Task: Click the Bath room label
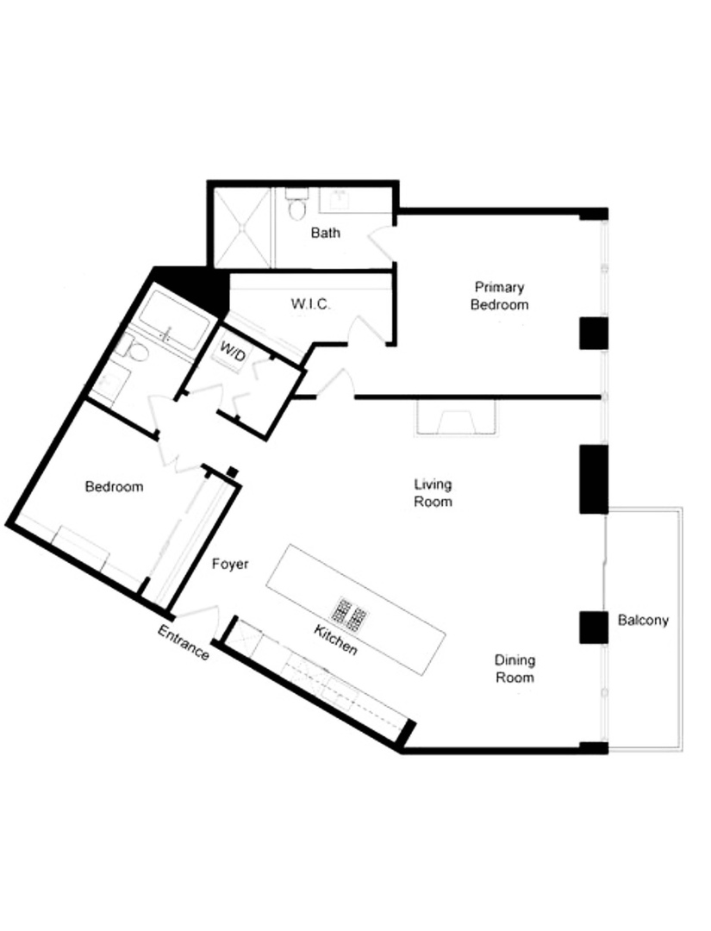point(326,233)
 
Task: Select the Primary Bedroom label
point(499,296)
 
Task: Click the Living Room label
point(433,493)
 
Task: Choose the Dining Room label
point(515,669)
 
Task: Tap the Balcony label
point(643,620)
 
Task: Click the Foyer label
point(230,564)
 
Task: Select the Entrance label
point(183,643)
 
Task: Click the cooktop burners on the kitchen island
point(351,614)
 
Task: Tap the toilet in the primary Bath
point(297,207)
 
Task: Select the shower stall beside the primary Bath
point(242,228)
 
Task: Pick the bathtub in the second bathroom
point(174,321)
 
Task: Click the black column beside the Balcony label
point(594,627)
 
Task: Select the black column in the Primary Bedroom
point(594,333)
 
